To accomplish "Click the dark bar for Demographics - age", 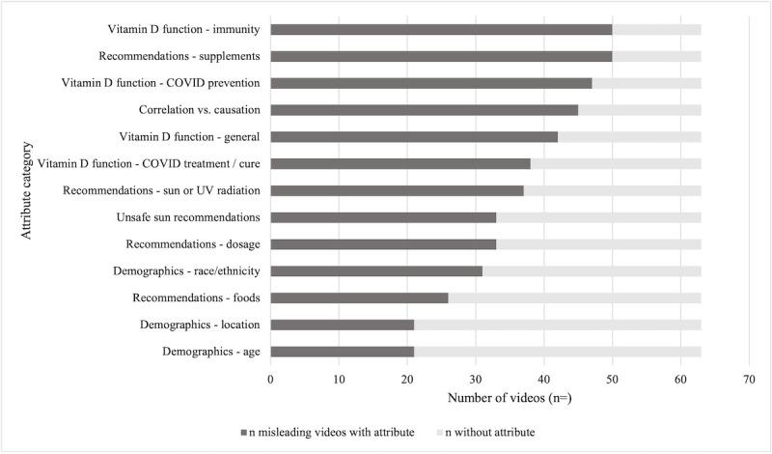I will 343,352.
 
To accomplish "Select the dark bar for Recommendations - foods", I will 359,298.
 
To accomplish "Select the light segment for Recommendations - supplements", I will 656,56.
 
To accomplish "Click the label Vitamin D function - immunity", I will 184,29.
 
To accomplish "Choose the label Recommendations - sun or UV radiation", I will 162,190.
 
